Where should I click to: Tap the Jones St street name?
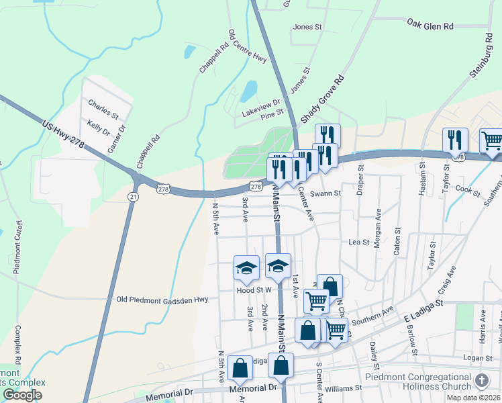click(x=308, y=28)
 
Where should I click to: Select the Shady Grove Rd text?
click(x=322, y=99)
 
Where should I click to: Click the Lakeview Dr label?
click(x=261, y=108)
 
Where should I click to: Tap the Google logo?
click(x=22, y=395)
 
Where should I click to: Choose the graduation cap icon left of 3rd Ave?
click(x=246, y=268)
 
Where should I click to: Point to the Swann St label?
click(x=329, y=193)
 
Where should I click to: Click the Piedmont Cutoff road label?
click(x=18, y=247)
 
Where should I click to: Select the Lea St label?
click(x=359, y=242)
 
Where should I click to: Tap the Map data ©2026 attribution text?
click(x=474, y=398)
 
